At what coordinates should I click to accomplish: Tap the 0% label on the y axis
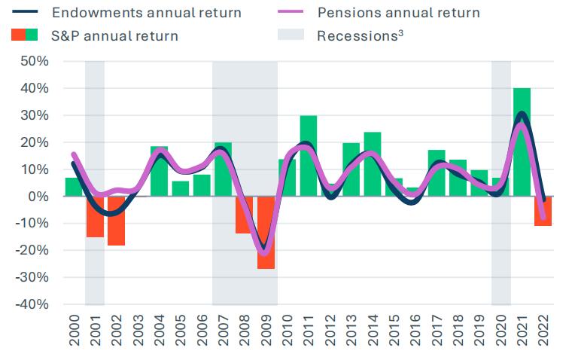(x=38, y=197)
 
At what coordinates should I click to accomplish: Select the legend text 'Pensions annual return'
(x=398, y=13)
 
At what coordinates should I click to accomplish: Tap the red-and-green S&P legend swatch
(x=25, y=35)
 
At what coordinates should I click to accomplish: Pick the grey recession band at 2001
(x=95, y=113)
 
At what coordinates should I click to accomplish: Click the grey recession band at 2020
(x=501, y=113)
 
